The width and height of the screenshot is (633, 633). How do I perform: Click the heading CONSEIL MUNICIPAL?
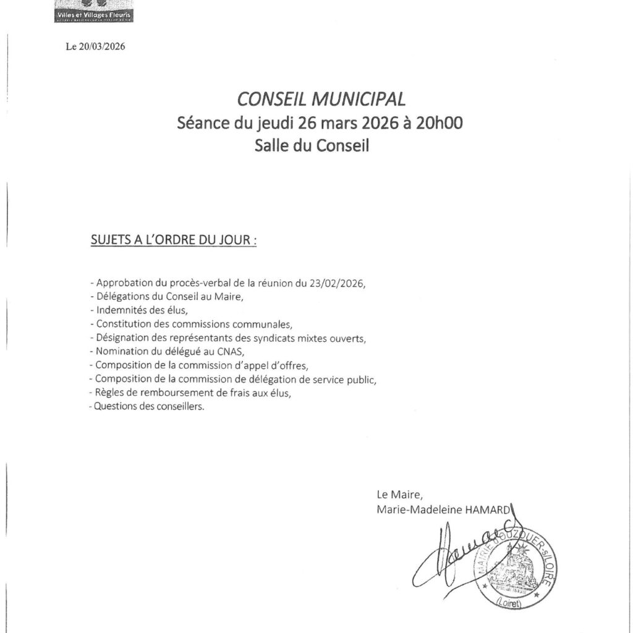(321, 99)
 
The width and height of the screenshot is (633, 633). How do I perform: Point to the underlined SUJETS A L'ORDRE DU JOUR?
(173, 240)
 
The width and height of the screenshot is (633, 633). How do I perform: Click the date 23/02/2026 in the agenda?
(338, 283)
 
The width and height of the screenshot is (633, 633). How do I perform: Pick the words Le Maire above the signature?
(399, 494)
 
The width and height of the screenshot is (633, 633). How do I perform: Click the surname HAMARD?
(488, 508)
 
